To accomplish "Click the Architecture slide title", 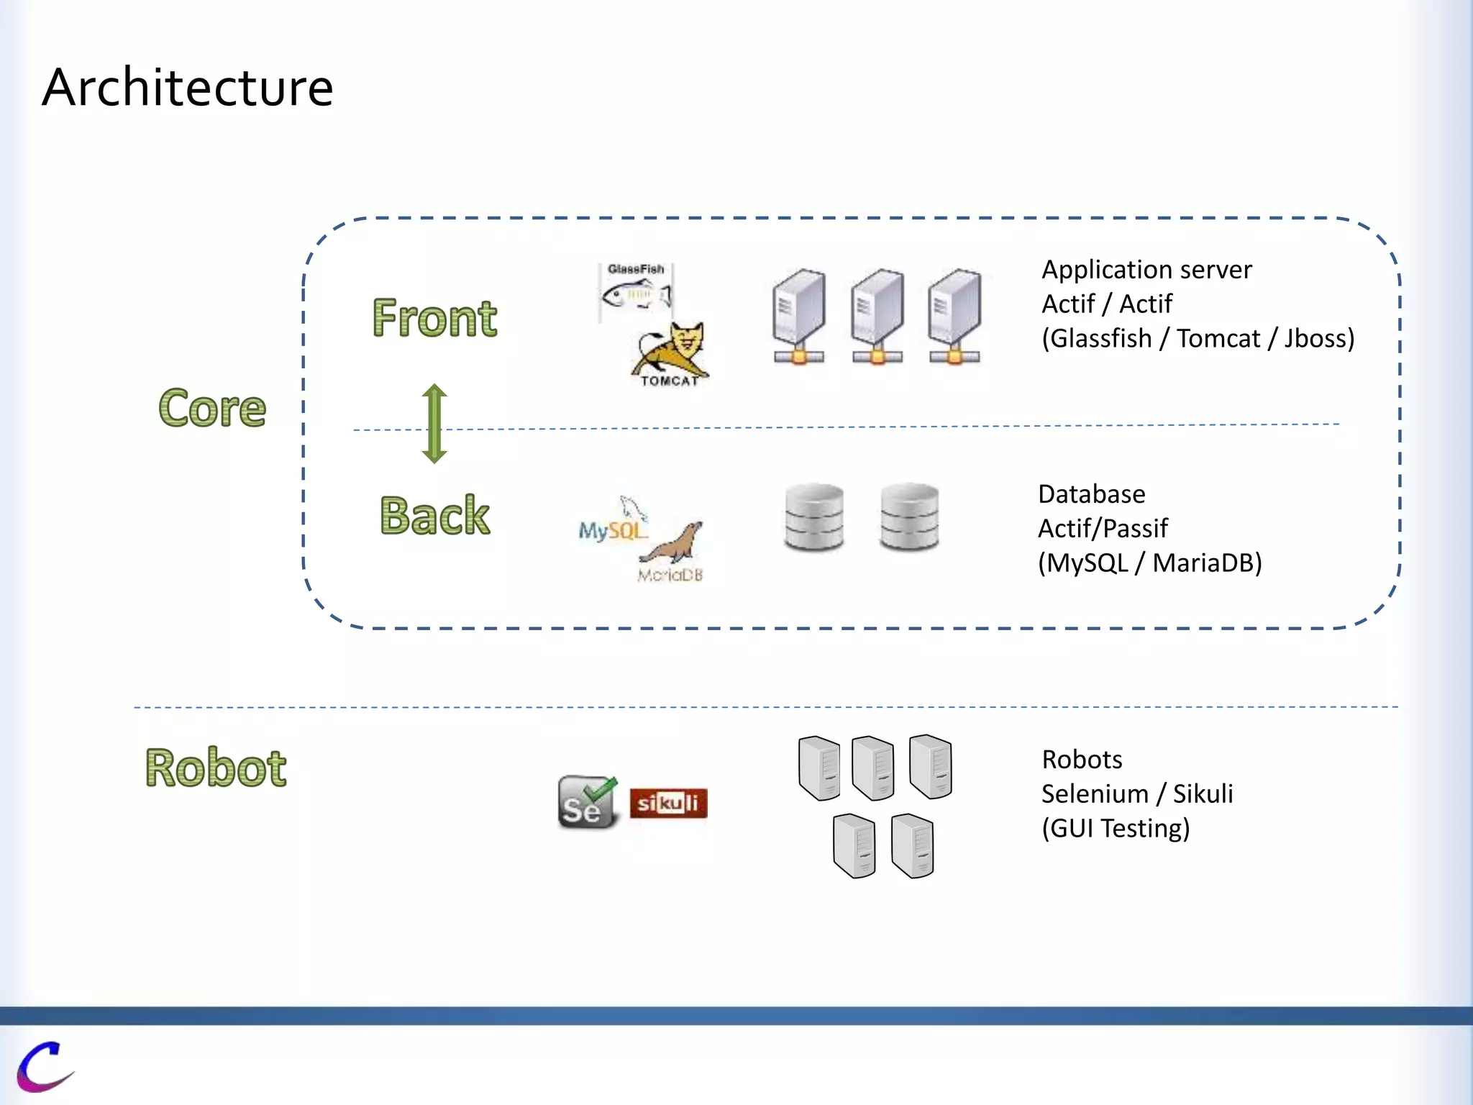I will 188,88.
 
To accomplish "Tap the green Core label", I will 212,408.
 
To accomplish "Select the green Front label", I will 434,318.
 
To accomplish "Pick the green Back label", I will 434,515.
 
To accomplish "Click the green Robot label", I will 216,768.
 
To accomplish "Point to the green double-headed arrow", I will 434,423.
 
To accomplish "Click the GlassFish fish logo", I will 636,291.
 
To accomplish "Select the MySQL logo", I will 613,524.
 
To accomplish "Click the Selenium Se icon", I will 587,802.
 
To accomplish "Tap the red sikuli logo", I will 668,803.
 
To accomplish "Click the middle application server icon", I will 877,317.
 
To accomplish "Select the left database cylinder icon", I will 813,517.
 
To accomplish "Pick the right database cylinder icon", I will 909,517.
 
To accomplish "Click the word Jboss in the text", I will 1319,338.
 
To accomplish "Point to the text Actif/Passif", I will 1103,528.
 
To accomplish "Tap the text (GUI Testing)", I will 1116,828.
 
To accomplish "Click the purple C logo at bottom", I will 45,1066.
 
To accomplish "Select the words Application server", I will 1146,270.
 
